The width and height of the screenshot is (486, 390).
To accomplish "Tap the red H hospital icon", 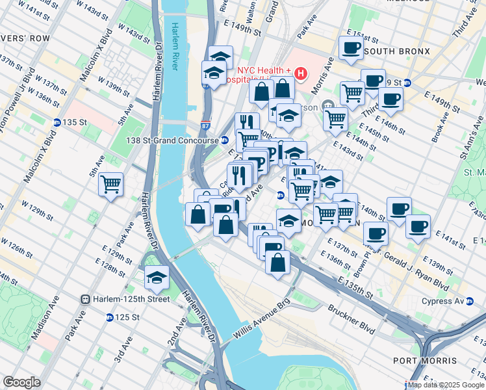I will coord(300,73).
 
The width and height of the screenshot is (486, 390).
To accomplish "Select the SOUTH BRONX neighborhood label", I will coord(398,51).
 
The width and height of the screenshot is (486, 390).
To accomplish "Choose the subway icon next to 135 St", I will coord(57,122).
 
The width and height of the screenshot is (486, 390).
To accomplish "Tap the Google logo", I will coord(21,382).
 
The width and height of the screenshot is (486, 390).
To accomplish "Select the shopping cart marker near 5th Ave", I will coord(111,183).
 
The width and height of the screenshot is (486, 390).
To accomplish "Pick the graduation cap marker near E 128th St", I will coord(157,278).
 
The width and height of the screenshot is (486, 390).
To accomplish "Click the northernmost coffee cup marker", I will coord(351,47).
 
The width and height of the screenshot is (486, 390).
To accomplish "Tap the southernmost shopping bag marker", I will coord(277,263).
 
